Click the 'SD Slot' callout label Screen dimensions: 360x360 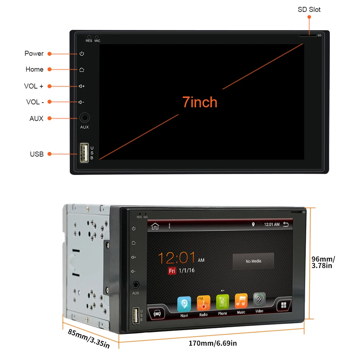coord(309,10)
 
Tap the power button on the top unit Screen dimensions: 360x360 coord(82,54)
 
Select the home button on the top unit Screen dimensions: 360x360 coord(82,69)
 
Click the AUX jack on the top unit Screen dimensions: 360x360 coord(84,118)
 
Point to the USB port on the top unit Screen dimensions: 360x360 coord(84,153)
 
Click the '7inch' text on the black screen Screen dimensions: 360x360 coord(200,102)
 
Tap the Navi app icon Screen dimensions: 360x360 coord(184,304)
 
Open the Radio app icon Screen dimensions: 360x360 coord(203,303)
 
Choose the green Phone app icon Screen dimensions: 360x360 coord(222,302)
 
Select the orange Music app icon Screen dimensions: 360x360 coord(241,301)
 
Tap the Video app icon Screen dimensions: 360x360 coord(259,300)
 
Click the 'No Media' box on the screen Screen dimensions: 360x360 coord(253,261)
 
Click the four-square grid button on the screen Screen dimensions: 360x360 coord(284,305)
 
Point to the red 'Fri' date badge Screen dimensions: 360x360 coord(172,271)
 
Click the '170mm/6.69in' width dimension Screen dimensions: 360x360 coord(213,343)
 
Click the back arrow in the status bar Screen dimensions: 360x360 coord(286,224)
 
